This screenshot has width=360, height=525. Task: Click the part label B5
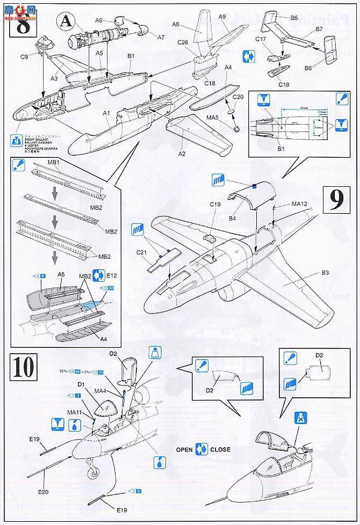click(294, 18)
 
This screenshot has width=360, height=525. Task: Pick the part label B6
click(308, 68)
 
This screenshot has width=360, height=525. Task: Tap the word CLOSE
click(220, 450)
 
